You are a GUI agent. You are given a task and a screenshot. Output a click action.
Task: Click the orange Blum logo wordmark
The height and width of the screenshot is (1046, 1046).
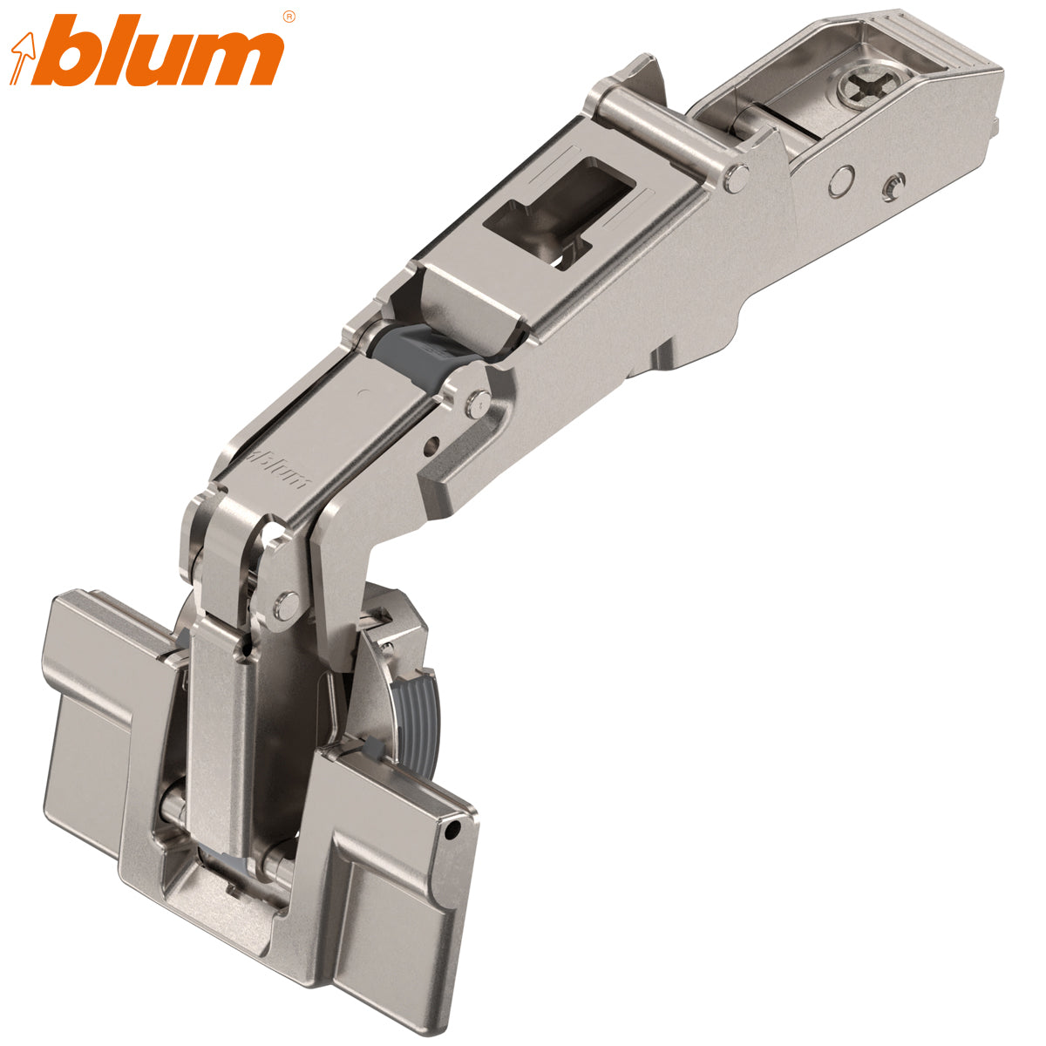pos(166,54)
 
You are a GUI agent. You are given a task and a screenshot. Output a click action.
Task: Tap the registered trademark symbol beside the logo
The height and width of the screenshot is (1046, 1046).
pos(289,16)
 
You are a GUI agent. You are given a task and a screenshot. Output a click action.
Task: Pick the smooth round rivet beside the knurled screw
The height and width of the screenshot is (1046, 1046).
pos(839,181)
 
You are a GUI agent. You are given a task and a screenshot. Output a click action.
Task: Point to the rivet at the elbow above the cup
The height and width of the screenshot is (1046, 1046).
pos(285,601)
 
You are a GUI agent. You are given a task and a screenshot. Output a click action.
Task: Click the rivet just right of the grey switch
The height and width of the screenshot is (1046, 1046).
pos(474,403)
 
